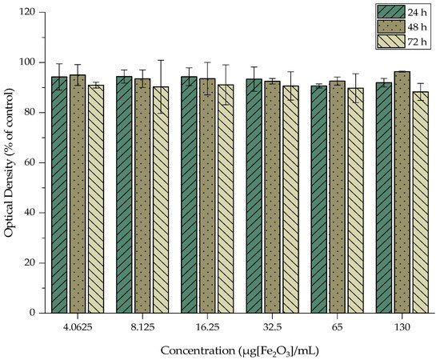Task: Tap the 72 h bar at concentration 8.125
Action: (x=161, y=199)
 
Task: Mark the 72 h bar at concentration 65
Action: (x=356, y=200)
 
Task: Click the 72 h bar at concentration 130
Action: (x=420, y=202)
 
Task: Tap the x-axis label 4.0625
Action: (x=77, y=326)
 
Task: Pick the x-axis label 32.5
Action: (x=272, y=326)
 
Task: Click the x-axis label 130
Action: (x=402, y=326)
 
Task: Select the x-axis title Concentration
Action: (x=240, y=350)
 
